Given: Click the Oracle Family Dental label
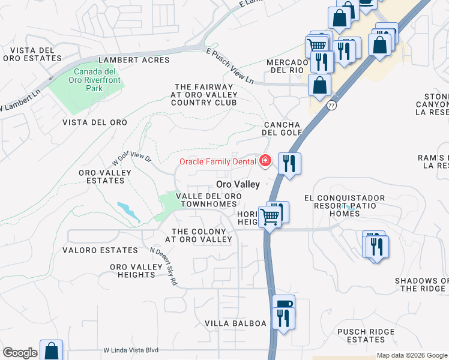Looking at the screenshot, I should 217,161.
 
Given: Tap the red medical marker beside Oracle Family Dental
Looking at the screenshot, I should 265,160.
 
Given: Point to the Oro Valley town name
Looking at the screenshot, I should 238,184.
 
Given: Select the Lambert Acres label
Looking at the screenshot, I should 134,60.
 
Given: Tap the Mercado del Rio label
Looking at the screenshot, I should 287,66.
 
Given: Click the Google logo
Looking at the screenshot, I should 20,353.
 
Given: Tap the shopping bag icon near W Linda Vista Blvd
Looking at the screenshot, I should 51,350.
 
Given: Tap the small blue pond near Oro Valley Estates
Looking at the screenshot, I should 127,210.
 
